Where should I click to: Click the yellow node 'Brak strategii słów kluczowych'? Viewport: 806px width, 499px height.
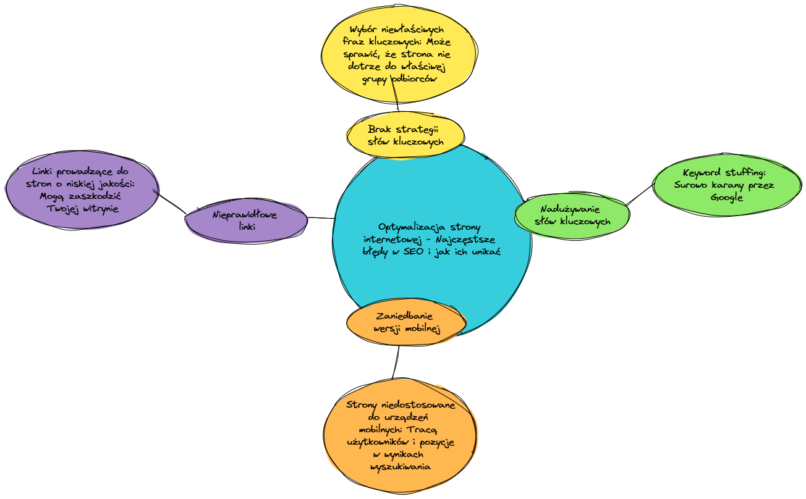click(405, 135)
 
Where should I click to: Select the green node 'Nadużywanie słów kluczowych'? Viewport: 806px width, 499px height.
click(572, 214)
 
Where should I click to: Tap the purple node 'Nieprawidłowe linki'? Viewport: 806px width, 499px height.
click(246, 220)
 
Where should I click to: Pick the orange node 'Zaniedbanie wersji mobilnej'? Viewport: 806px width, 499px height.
click(405, 322)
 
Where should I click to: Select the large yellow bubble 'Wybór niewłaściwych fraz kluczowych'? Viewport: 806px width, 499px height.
click(399, 56)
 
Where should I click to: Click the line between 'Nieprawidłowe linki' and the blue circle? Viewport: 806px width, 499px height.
click(320, 218)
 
